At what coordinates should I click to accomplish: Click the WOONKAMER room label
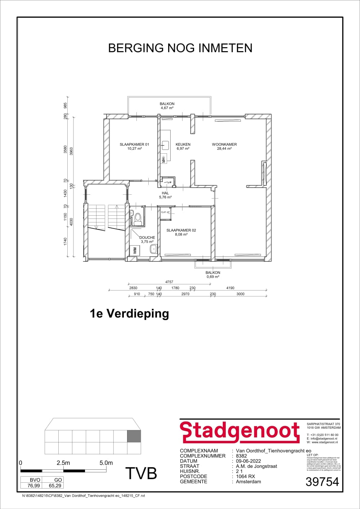[224, 144]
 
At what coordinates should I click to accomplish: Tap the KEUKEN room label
[183, 144]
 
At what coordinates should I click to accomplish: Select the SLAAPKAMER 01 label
[134, 144]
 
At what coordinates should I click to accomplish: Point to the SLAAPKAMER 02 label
[181, 230]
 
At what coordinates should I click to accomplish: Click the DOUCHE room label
[147, 238]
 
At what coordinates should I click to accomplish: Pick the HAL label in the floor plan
[165, 193]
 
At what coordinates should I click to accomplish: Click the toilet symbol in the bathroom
[138, 217]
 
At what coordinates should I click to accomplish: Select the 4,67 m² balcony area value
[167, 108]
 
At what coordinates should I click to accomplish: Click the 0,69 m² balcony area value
[213, 277]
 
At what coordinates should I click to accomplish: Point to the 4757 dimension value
[169, 282]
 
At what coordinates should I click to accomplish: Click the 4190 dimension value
[230, 288]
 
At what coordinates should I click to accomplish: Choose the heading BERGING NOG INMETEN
[180, 48]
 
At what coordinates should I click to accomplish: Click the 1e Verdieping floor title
[129, 314]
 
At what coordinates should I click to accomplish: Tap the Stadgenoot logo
[240, 432]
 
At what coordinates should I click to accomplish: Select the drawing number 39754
[322, 482]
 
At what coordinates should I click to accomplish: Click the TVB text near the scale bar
[141, 473]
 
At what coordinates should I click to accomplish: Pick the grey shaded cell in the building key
[134, 436]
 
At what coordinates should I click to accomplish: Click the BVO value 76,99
[34, 486]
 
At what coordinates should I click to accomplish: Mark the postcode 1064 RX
[246, 476]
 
